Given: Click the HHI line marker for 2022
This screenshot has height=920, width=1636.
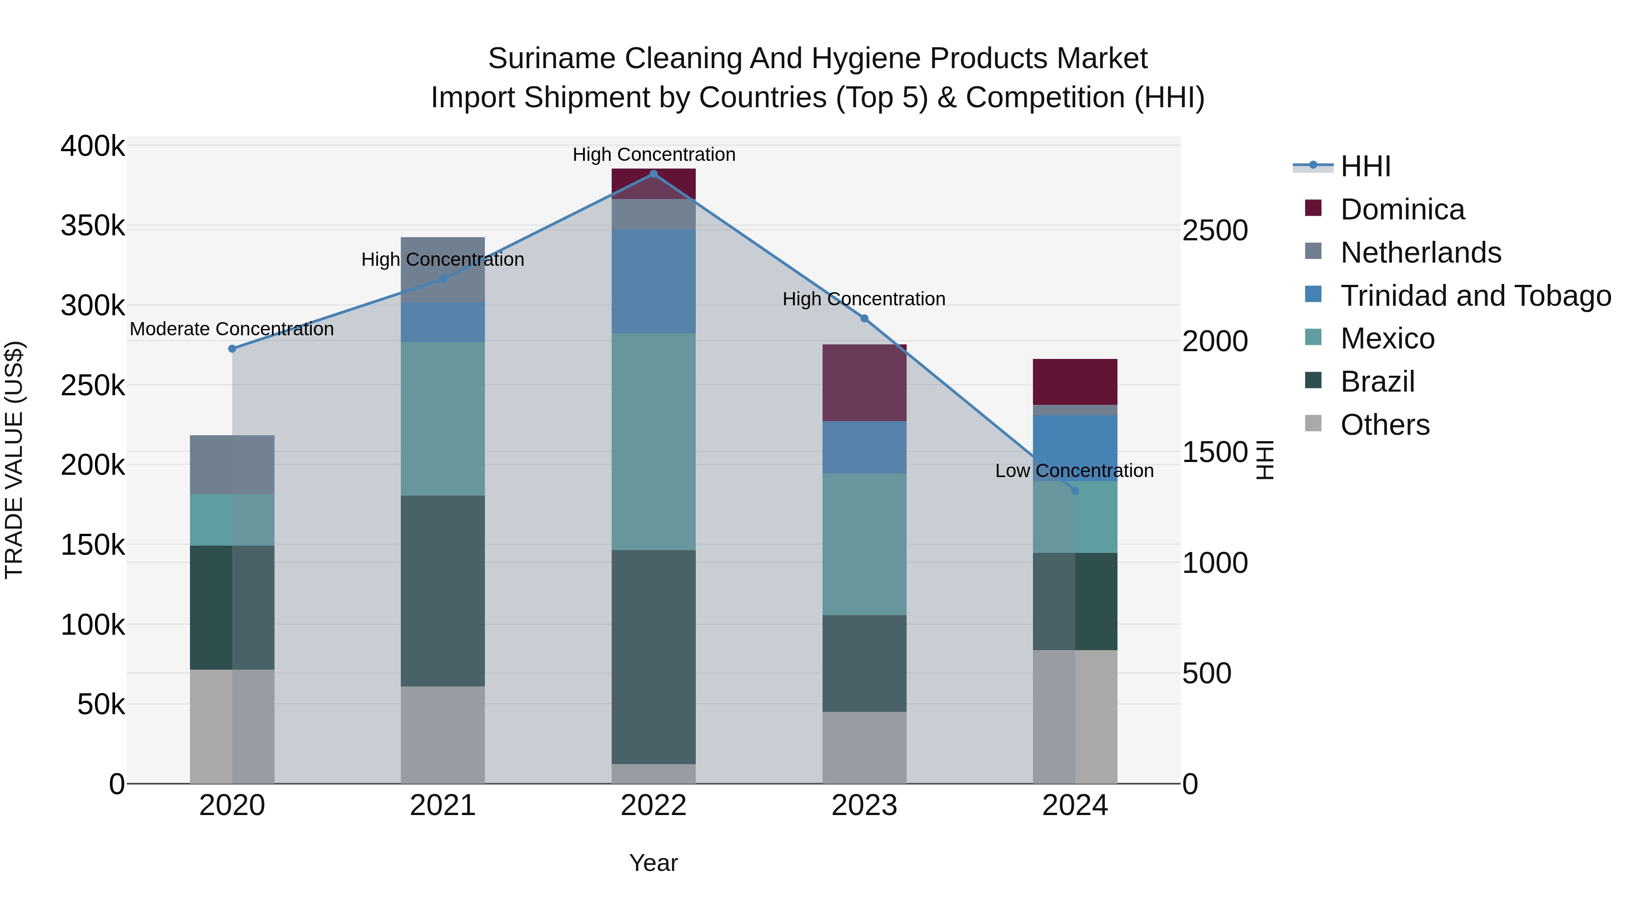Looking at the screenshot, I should (653, 174).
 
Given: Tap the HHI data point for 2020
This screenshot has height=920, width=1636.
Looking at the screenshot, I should (232, 348).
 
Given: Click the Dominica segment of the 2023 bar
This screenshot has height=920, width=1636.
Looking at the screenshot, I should (864, 383).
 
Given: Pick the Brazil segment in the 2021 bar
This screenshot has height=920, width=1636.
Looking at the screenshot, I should (443, 591).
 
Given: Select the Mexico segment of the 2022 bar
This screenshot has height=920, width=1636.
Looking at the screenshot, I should (653, 441).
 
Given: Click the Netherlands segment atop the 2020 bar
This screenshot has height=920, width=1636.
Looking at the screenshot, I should (232, 465).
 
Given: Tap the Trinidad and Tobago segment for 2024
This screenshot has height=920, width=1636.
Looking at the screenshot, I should (1075, 448).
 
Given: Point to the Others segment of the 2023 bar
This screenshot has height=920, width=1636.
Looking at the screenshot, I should (864, 747).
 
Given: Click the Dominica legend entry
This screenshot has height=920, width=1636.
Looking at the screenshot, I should (1402, 209).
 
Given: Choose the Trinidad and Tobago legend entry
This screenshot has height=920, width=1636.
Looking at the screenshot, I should (1475, 296).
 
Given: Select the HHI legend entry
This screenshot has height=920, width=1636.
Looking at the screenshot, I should (1366, 166).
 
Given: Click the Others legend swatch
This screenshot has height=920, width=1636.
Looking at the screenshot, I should (1313, 423).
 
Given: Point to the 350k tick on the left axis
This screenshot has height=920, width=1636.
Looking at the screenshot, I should (93, 226).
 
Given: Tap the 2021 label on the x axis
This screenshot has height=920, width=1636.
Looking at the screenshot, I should (443, 806).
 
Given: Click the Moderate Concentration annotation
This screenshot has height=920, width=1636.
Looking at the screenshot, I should (232, 329).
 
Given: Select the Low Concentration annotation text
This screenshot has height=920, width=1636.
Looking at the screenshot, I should (1075, 471).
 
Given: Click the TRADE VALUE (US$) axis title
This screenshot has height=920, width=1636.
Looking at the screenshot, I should (14, 460).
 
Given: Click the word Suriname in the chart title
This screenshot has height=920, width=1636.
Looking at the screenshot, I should (551, 59).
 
